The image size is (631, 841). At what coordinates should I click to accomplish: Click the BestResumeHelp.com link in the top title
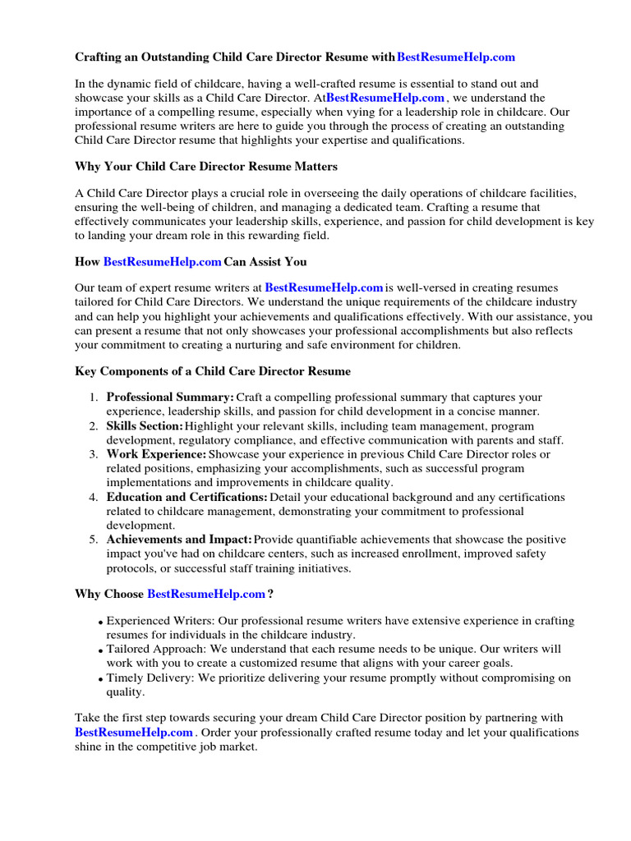pos(456,57)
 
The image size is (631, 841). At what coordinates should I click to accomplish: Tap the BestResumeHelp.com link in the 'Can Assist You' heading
pos(162,262)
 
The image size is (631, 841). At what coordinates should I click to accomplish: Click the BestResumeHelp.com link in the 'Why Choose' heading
pos(205,593)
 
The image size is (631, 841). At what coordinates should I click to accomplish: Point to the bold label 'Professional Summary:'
pos(170,398)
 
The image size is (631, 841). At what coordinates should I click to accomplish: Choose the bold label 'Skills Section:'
pos(145,425)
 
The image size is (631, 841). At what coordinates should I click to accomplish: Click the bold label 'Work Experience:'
pos(156,454)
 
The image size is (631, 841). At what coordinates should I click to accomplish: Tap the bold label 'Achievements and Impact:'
pos(179,540)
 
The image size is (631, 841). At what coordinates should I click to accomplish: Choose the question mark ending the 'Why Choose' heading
pos(270,593)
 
